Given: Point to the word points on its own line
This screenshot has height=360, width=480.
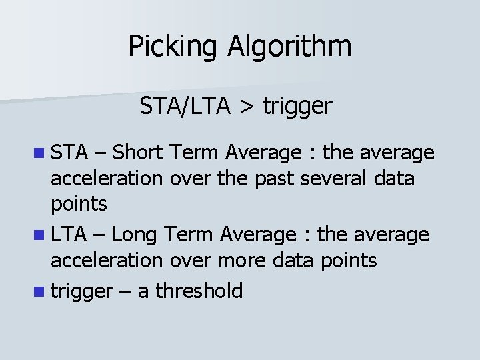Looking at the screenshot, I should (79, 205).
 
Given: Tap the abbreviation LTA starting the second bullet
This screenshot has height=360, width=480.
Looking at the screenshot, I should (70, 234).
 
